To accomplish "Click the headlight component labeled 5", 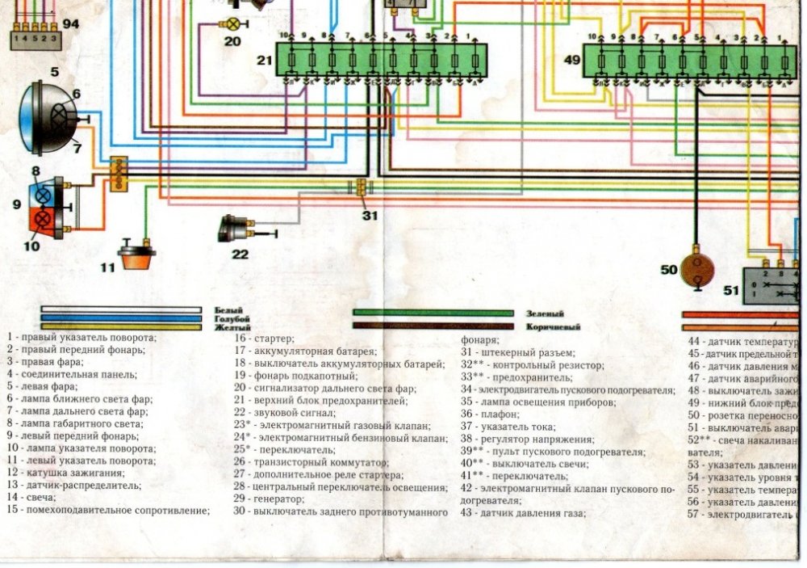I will (50, 117).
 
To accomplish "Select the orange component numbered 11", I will (136, 258).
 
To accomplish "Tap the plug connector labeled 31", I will (361, 188).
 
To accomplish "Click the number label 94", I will (71, 24).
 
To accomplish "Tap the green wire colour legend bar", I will (433, 313).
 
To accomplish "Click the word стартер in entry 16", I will (274, 339).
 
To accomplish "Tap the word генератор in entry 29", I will (282, 500).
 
